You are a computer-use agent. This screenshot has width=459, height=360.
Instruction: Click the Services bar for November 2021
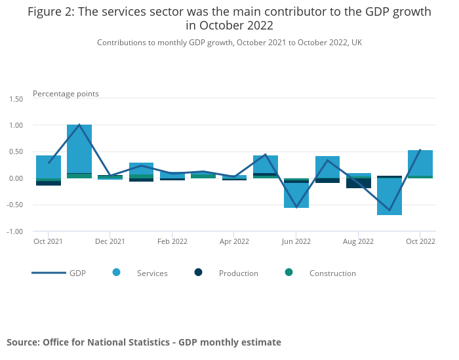[79, 149]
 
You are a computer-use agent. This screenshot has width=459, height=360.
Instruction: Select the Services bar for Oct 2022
[420, 163]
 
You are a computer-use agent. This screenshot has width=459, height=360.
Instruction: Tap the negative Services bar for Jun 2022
[296, 195]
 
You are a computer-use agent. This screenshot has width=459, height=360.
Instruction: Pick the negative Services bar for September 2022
[389, 197]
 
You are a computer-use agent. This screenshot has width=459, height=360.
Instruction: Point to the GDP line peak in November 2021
[79, 125]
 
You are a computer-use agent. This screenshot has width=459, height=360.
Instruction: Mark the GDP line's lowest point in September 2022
[389, 210]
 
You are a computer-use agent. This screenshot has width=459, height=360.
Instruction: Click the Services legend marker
[116, 273]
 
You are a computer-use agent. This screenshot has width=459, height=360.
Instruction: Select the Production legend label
[239, 273]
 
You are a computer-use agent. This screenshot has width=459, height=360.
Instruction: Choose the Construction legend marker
[289, 273]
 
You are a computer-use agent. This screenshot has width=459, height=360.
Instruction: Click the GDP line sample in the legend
[49, 273]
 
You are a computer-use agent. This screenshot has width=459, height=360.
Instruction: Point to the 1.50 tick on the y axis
[16, 99]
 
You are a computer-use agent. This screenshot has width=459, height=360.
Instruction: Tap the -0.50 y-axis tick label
[15, 205]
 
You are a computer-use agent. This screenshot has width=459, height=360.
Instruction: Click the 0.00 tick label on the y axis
[16, 178]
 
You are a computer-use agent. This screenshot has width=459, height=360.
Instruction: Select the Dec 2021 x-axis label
[110, 241]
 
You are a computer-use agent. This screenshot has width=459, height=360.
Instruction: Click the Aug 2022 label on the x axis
[358, 241]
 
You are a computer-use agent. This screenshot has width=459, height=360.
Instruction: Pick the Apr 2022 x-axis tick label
[234, 241]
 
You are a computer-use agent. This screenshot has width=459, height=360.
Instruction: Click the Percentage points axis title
[66, 94]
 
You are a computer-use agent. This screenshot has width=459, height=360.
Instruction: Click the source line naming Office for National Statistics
[144, 342]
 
